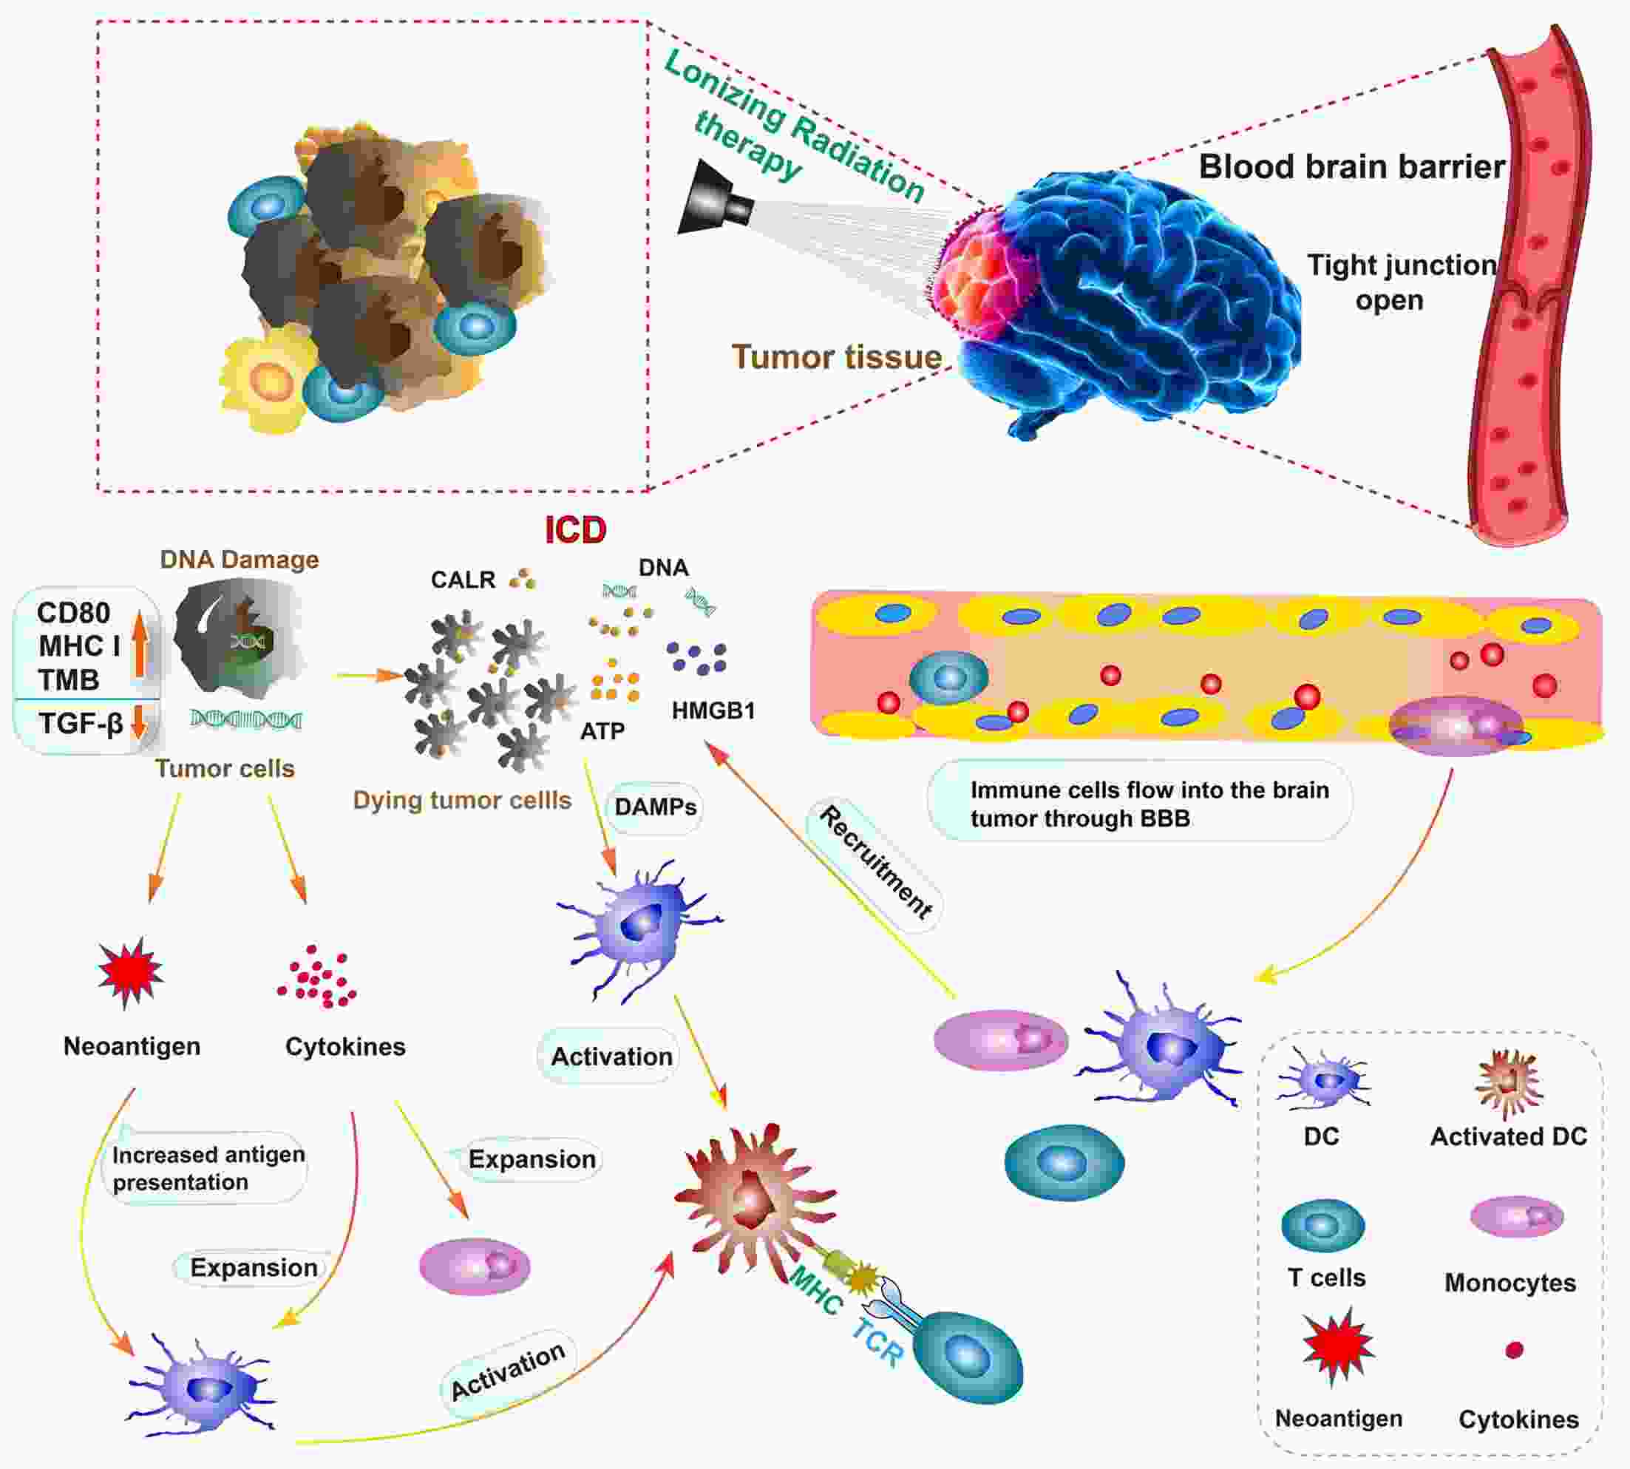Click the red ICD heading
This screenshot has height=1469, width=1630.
tap(575, 530)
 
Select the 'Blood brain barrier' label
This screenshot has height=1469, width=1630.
tap(1351, 167)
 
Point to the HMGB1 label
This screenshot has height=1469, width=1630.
tap(713, 711)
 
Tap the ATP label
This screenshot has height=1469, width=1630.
tap(602, 731)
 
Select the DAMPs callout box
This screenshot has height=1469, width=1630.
tap(654, 807)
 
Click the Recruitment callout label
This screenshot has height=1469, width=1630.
tap(876, 861)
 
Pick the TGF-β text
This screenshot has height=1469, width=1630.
tap(81, 723)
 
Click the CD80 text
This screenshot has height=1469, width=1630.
tap(73, 614)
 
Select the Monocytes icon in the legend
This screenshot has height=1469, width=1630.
tap(1517, 1216)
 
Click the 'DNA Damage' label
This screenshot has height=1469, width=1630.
tap(239, 560)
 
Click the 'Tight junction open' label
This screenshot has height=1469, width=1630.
tap(1400, 282)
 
